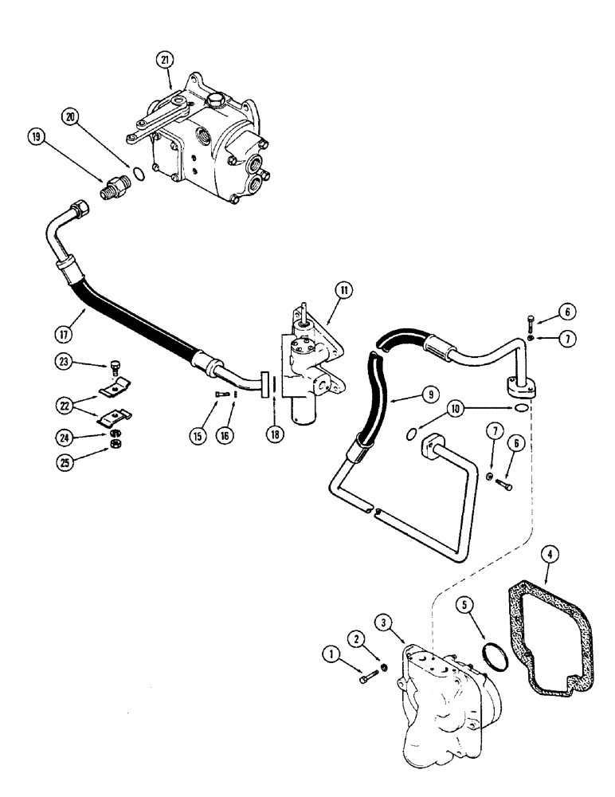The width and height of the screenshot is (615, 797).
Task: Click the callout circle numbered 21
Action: pyautogui.click(x=164, y=60)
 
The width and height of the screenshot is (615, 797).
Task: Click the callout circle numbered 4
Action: pyautogui.click(x=548, y=551)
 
